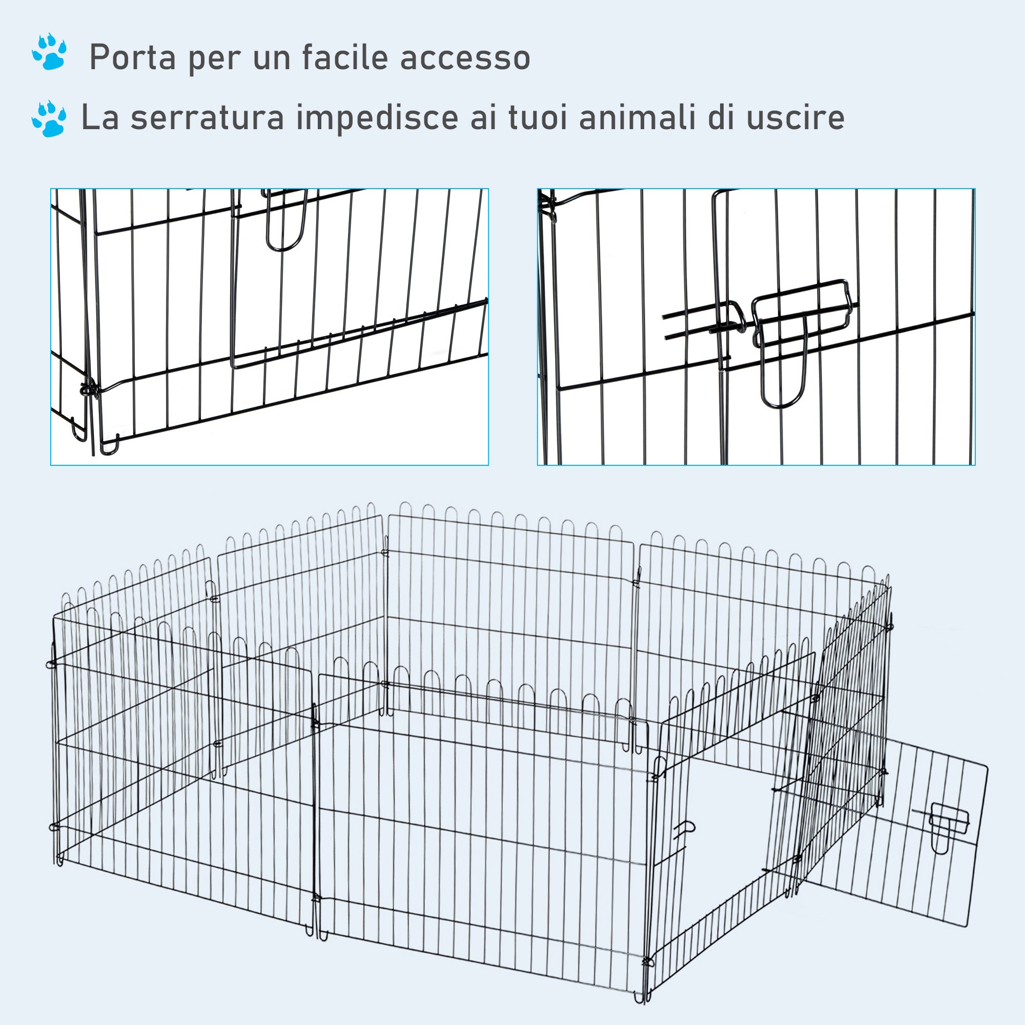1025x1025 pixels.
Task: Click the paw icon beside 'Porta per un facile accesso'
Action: pos(49,52)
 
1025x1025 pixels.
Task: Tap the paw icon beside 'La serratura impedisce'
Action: pos(49,118)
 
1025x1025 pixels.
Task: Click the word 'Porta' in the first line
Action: pos(132,57)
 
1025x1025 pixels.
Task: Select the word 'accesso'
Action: pos(465,57)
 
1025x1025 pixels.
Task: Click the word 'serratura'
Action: pos(208,117)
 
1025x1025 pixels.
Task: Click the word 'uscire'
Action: pos(795,117)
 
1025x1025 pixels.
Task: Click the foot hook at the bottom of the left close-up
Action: pos(109,446)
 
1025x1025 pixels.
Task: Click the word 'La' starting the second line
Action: pos(99,117)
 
